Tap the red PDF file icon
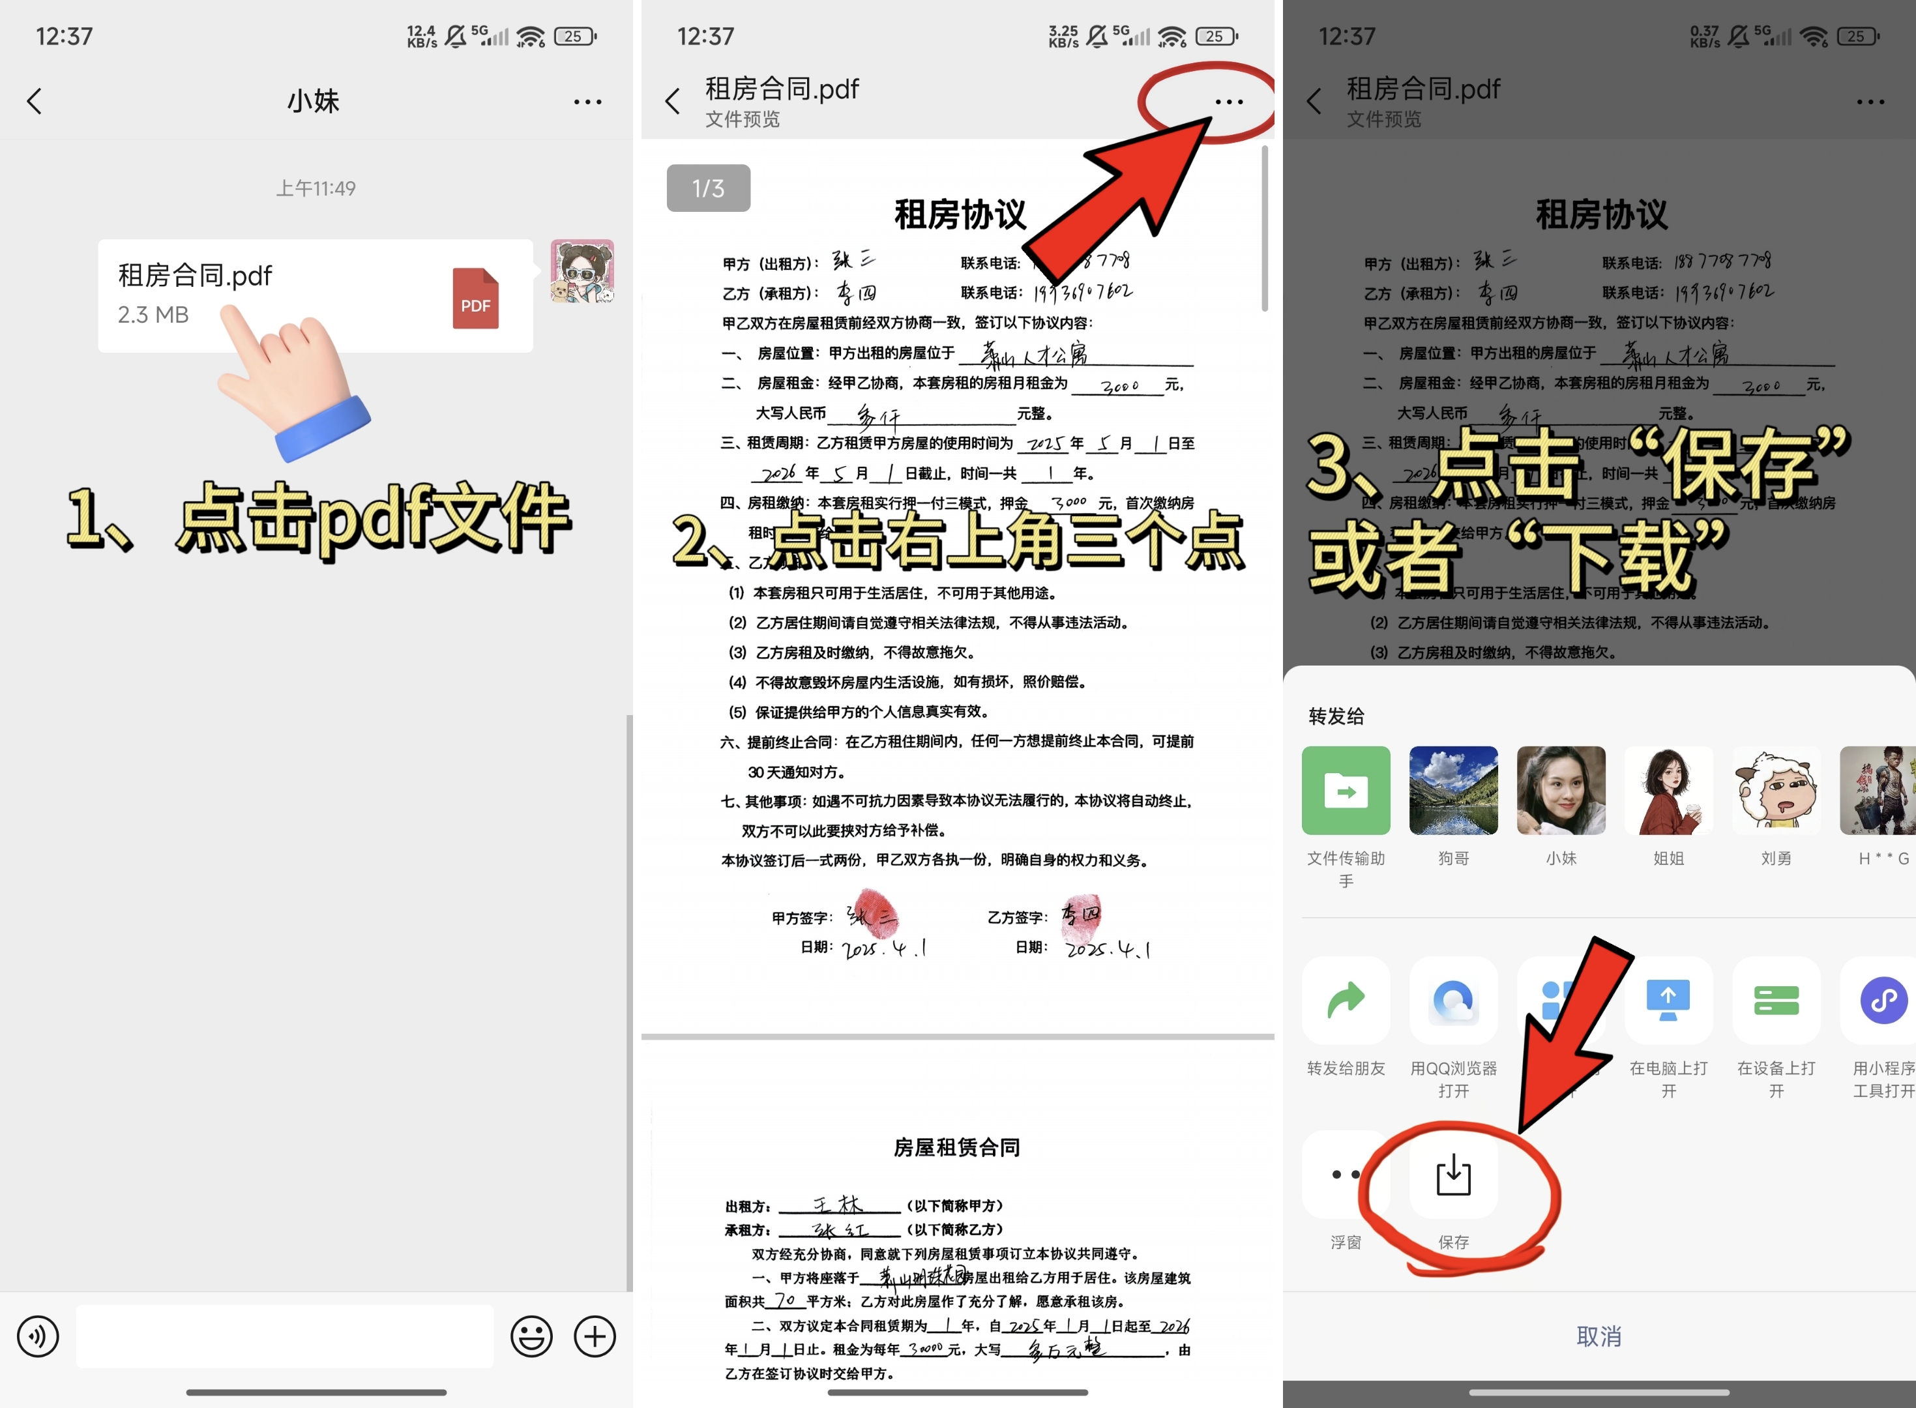point(475,299)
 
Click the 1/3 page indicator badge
point(707,188)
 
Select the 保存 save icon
point(1453,1175)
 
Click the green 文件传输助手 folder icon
point(1346,790)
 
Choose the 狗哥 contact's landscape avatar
point(1453,790)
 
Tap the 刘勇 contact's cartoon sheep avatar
point(1776,790)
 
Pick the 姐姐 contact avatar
point(1668,790)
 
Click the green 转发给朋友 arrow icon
point(1346,1000)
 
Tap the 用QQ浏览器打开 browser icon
point(1453,1000)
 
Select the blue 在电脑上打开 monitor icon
point(1668,1000)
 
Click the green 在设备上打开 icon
point(1776,1000)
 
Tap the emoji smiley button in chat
point(531,1336)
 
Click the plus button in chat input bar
point(594,1336)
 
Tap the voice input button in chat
point(38,1336)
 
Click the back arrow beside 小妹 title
point(34,102)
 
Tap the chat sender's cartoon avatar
point(582,272)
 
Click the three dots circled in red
point(1228,102)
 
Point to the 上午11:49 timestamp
point(316,188)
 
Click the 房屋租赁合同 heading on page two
point(956,1147)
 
